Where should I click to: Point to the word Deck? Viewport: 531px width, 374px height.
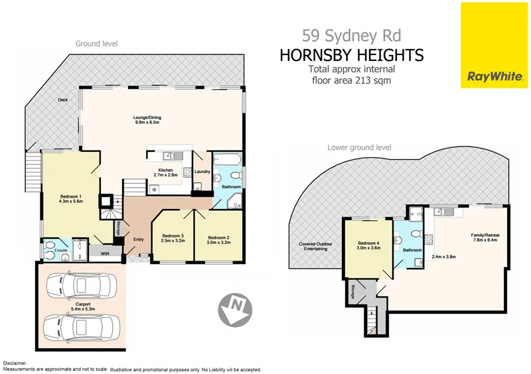click(x=62, y=100)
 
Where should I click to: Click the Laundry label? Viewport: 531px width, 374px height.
click(x=203, y=172)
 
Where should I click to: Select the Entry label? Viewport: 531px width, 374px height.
click(x=138, y=240)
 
